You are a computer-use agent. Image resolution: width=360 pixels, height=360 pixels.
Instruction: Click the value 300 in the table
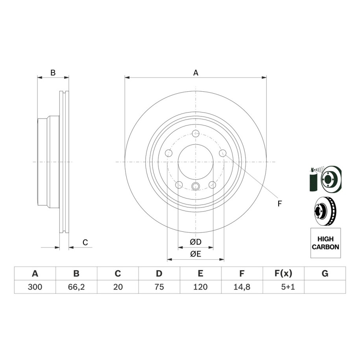[x=35, y=287]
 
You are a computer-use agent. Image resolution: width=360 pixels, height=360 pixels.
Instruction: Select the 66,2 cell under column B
[x=76, y=287]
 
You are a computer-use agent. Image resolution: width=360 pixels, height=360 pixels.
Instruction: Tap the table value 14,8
[x=242, y=287]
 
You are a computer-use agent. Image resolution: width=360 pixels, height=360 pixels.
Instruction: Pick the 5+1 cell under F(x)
[x=288, y=287]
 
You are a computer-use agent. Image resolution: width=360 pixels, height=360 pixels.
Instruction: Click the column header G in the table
[x=325, y=273]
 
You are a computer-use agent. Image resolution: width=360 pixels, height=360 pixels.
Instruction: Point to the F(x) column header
[x=283, y=273]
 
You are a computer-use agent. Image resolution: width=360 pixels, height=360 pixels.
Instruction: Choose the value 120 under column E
[x=200, y=287]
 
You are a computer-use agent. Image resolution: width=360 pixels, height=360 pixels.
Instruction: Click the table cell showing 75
[x=159, y=287]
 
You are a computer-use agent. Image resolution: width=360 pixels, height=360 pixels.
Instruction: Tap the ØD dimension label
[x=196, y=242]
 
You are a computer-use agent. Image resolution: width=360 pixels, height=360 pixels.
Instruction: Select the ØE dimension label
[x=196, y=254]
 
